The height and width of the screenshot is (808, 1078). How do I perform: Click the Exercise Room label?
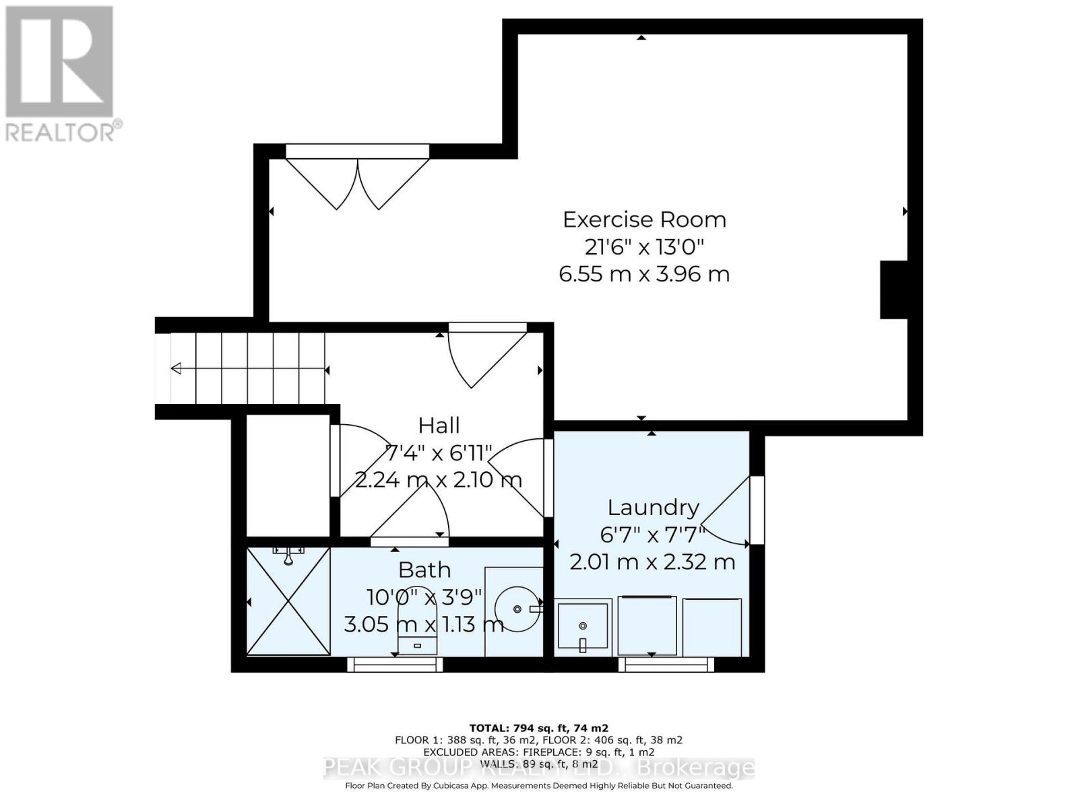(x=644, y=220)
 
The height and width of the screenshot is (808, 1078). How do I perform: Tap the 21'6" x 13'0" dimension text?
(x=644, y=247)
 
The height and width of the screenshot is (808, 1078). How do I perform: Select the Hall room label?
(x=439, y=426)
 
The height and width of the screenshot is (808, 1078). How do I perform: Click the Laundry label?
(x=653, y=507)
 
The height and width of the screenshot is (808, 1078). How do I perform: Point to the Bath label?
(x=424, y=570)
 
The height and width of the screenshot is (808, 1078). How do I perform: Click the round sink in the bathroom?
(x=517, y=609)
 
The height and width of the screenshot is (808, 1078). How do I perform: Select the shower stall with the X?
(x=288, y=601)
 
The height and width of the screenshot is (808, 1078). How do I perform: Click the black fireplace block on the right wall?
(x=893, y=290)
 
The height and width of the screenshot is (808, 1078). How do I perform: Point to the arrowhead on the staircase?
(x=177, y=368)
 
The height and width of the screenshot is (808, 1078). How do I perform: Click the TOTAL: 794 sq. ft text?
(x=538, y=728)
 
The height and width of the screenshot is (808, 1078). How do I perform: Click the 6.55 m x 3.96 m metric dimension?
(x=644, y=275)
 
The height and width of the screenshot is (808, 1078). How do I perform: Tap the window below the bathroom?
(x=395, y=665)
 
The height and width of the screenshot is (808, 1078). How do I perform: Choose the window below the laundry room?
(x=666, y=665)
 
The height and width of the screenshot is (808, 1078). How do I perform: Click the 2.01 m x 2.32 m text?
(x=652, y=562)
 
